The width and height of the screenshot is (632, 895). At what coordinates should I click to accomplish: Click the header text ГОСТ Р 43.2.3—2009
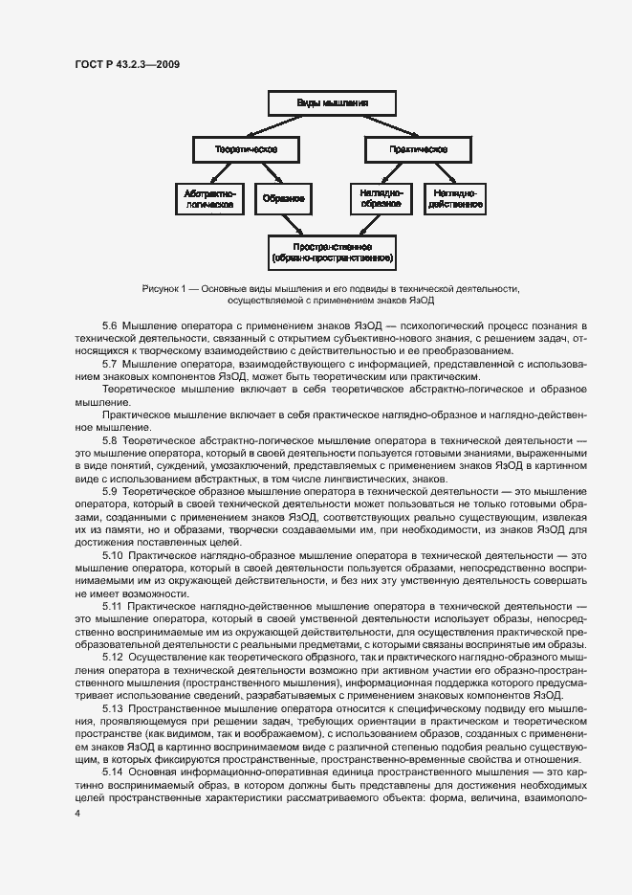pos(126,65)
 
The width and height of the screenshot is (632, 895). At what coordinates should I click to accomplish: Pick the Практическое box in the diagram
pos(418,150)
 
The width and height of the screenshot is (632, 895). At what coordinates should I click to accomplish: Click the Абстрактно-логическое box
pos(209,198)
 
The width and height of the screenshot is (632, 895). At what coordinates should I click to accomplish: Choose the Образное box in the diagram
pos(284,198)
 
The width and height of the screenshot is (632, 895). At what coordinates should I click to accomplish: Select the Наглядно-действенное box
pos(453,198)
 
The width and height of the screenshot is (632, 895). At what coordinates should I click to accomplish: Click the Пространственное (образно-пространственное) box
pos(332,252)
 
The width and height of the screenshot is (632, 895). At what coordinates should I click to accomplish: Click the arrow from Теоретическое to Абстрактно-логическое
pos(226,173)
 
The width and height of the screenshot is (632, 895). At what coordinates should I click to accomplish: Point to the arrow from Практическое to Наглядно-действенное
pos(438,173)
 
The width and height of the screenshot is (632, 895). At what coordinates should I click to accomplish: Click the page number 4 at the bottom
pos(76,813)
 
